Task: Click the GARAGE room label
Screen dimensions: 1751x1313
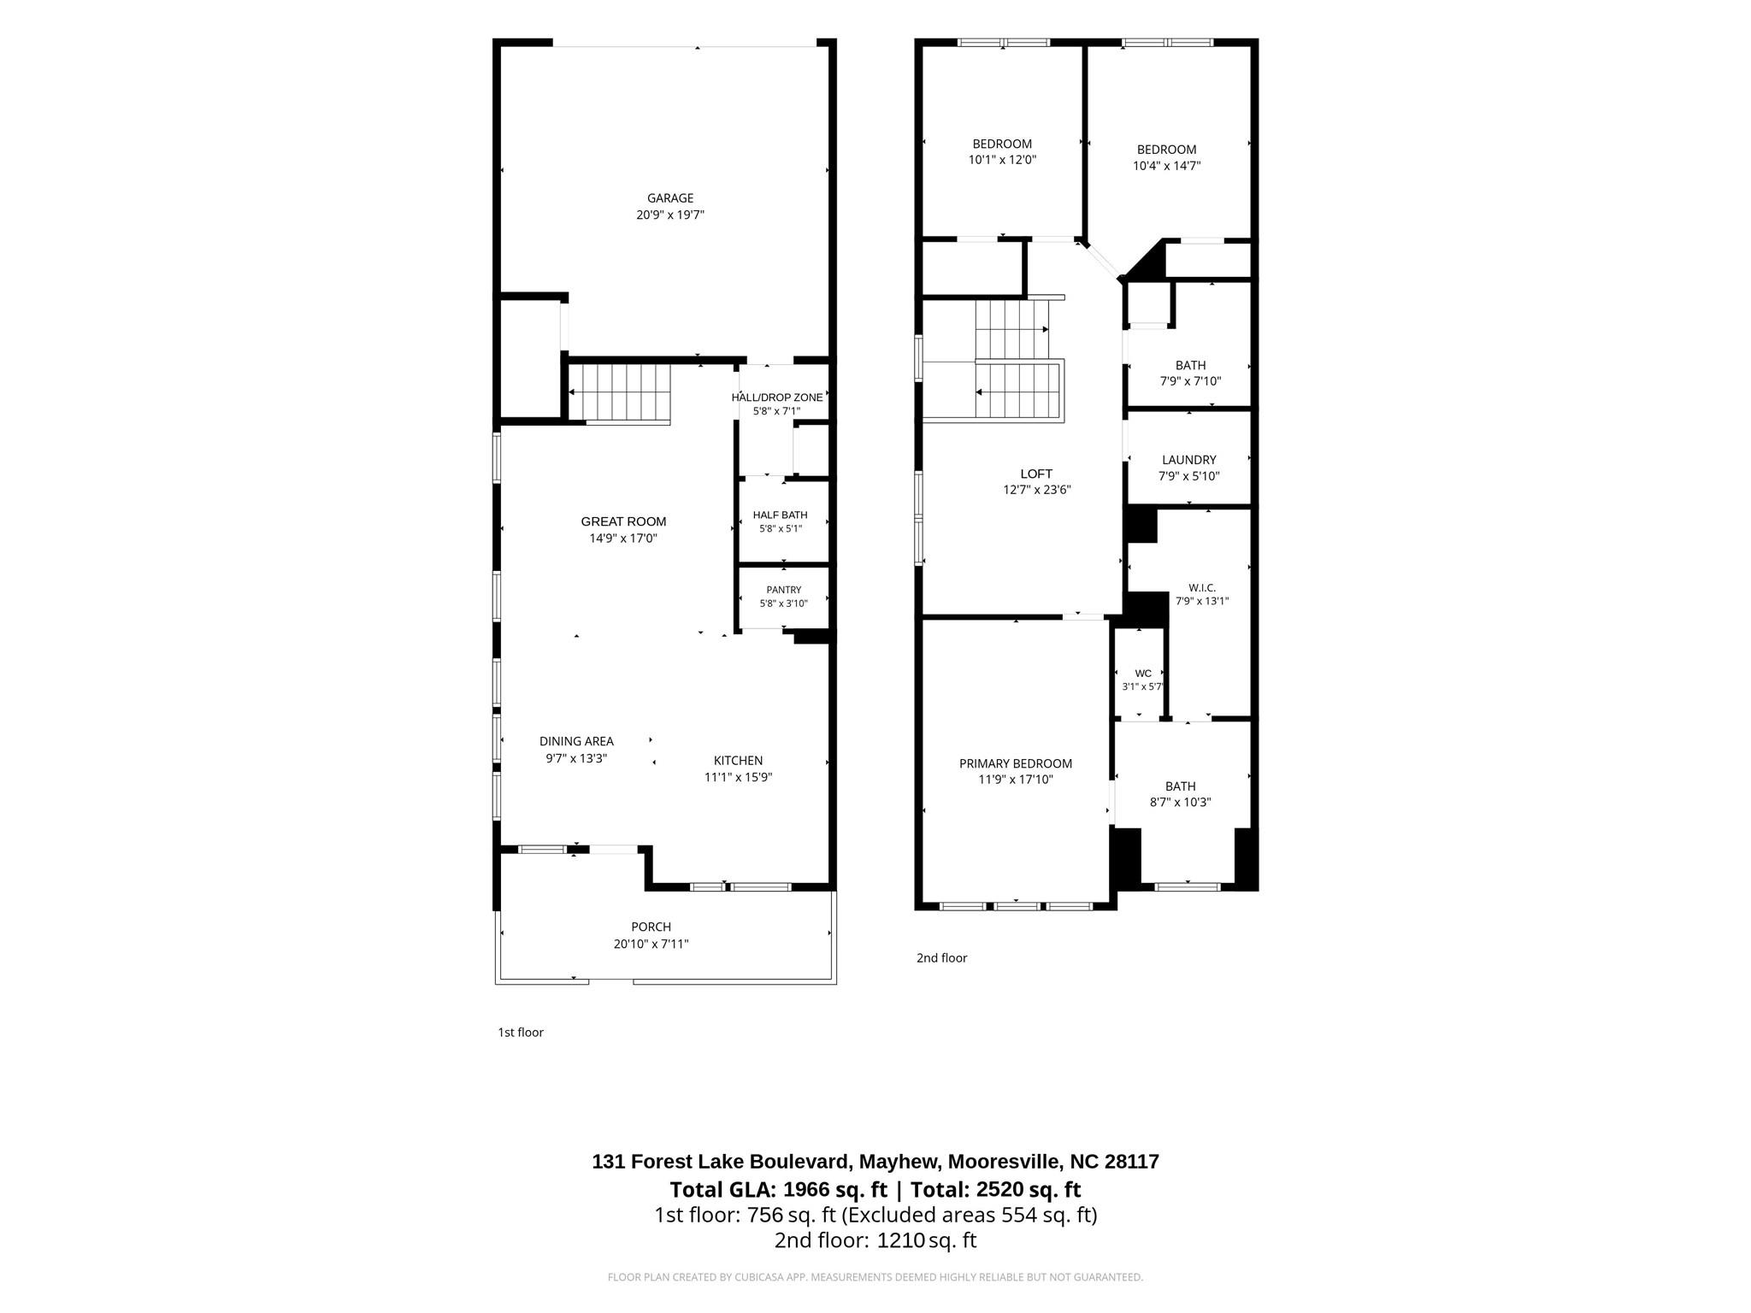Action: click(670, 198)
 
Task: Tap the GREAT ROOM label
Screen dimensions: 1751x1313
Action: click(623, 521)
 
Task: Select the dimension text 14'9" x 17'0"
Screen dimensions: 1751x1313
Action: click(623, 539)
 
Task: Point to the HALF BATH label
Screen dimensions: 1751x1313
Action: click(780, 515)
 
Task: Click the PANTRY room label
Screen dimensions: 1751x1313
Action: click(784, 590)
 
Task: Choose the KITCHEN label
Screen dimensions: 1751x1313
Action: click(739, 761)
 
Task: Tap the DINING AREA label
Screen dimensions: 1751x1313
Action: click(576, 741)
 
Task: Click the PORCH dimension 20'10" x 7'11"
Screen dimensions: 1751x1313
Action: click(651, 944)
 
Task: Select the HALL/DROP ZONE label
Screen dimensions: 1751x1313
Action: click(777, 397)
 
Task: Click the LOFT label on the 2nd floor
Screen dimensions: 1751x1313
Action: click(1036, 474)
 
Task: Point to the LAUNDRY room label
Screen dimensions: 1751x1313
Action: click(1189, 460)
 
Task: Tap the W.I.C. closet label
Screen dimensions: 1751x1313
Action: click(1202, 587)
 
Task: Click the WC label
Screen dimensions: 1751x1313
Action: click(1143, 673)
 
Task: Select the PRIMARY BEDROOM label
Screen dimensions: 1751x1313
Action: click(1016, 763)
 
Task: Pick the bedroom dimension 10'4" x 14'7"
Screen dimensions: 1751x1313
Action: click(1167, 166)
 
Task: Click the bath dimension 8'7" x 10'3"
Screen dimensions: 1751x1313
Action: click(1181, 803)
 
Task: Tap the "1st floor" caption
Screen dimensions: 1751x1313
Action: click(521, 1032)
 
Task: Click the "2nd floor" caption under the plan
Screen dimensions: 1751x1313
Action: click(941, 957)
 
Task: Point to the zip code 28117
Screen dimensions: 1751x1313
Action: click(1132, 1162)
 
